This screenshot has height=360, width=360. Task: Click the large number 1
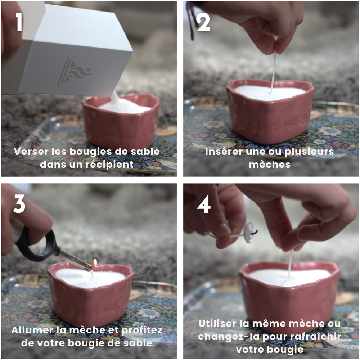pos(19,22)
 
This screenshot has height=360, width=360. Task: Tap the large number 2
pos(203,22)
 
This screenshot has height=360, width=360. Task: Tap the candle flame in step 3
pos(95,263)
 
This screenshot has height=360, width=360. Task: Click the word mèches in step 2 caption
pos(270,165)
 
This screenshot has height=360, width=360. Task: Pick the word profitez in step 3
pos(141,330)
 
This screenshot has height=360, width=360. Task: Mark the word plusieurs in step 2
pos(309,152)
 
